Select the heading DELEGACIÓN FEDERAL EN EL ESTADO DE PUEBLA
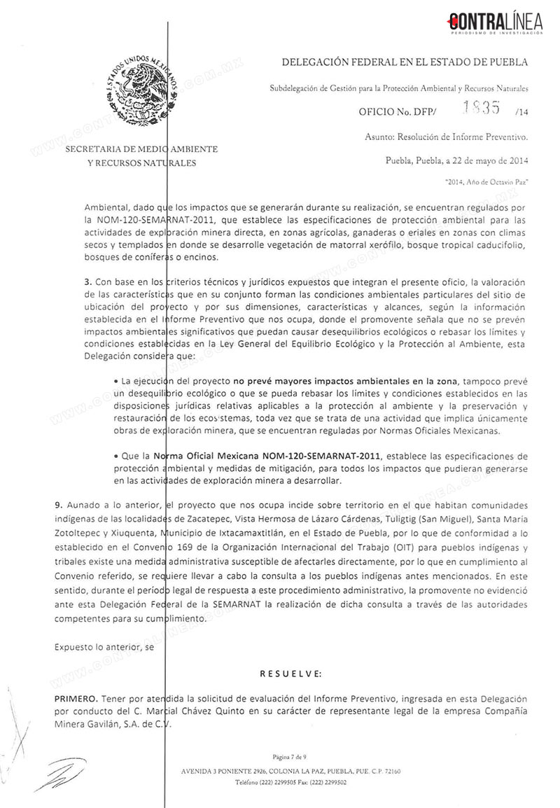(x=405, y=62)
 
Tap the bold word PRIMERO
(x=76, y=699)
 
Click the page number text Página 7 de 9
(x=290, y=757)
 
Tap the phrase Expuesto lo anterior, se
(x=104, y=647)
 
